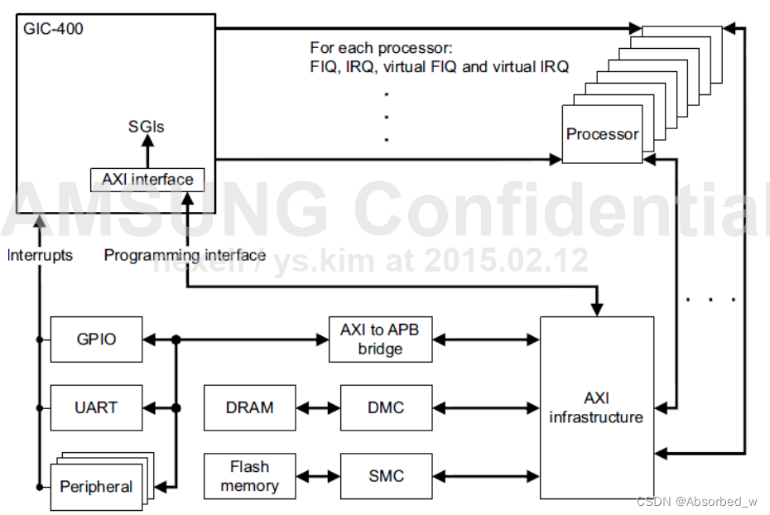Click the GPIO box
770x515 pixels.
tap(96, 339)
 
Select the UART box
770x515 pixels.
tap(96, 407)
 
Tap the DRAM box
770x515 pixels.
tap(249, 407)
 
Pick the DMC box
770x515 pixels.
tap(385, 407)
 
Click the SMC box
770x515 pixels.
tap(385, 476)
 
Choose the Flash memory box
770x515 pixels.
tap(249, 476)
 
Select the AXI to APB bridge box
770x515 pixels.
tap(380, 339)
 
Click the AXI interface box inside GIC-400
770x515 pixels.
tap(147, 179)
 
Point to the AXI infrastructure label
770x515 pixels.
tap(596, 407)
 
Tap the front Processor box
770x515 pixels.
tap(602, 134)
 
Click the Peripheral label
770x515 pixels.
tap(96, 486)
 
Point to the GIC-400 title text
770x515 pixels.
tap(54, 29)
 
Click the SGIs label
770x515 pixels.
tap(147, 127)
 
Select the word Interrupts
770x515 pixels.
tap(40, 255)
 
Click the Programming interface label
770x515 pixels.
tap(185, 255)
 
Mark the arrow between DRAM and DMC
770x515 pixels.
tap(318, 407)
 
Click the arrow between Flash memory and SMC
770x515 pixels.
tap(318, 476)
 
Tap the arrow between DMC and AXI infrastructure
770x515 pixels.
tap(485, 407)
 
